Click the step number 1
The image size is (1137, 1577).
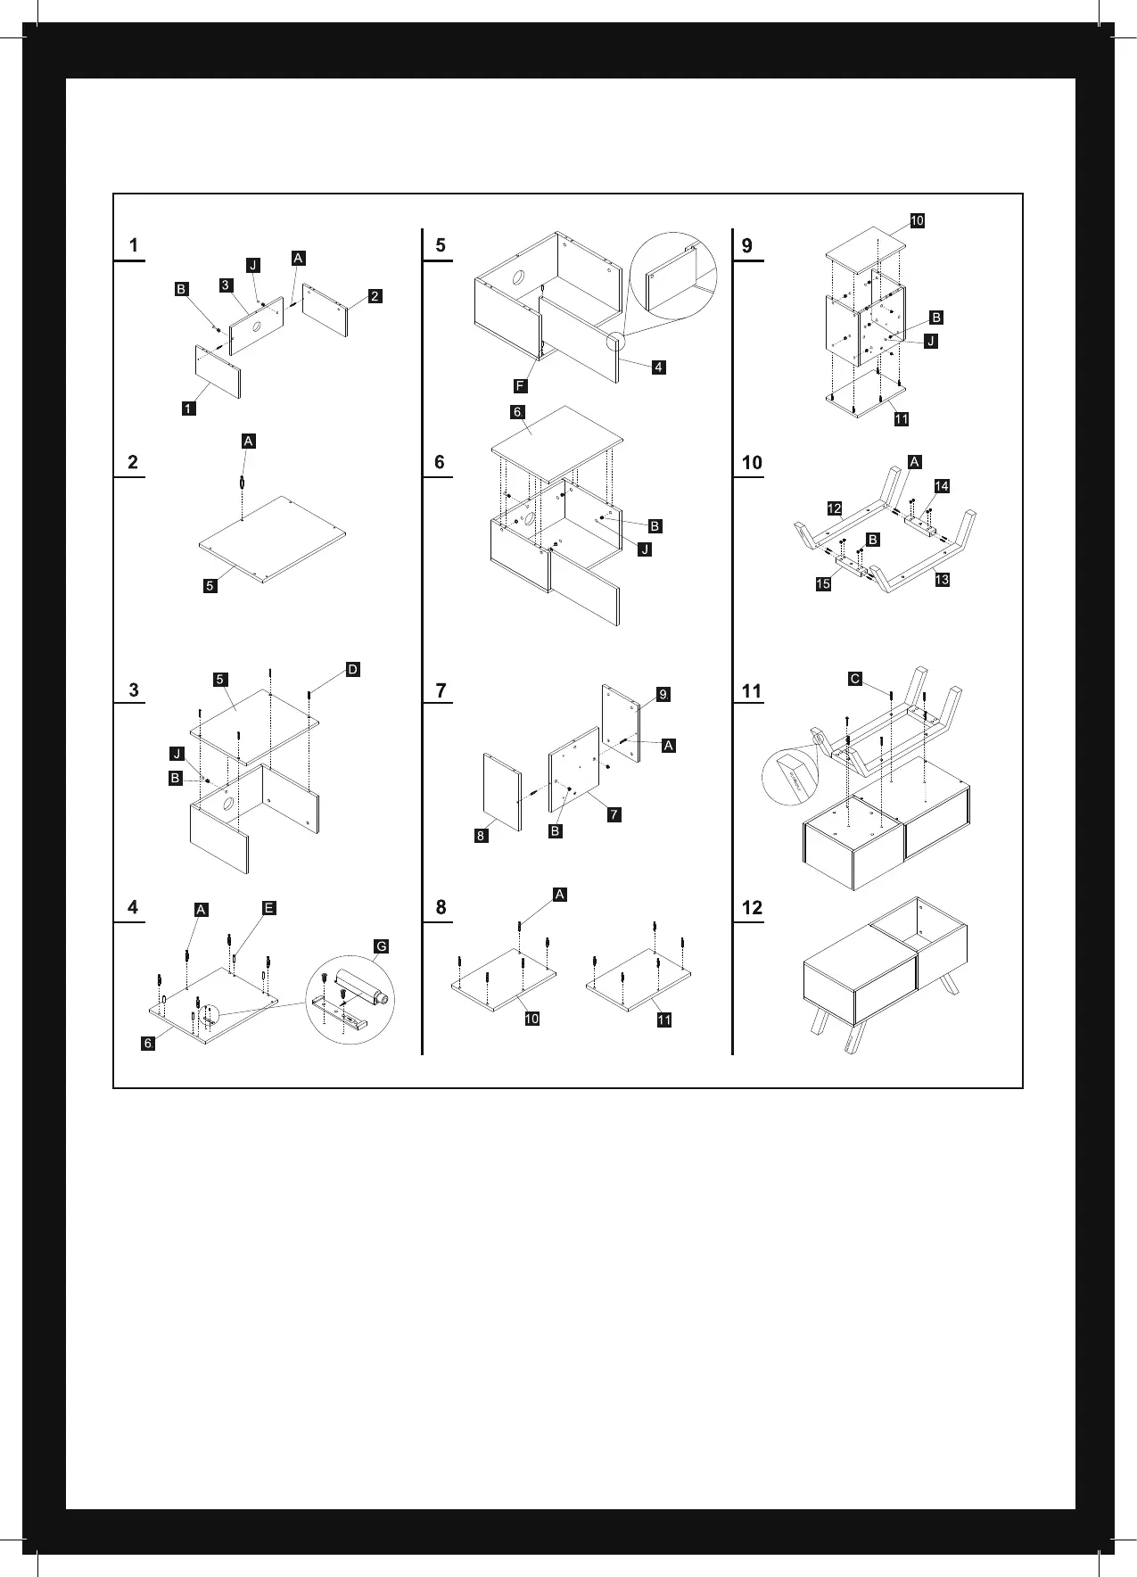[134, 245]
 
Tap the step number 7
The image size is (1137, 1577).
[441, 690]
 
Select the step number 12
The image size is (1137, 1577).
[752, 908]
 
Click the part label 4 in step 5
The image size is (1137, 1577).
[658, 367]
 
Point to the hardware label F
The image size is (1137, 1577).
[520, 386]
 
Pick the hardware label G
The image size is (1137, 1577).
[381, 946]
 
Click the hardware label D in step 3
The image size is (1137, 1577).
[352, 670]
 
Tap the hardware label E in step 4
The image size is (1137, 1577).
[268, 908]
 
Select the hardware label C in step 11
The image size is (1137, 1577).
[854, 679]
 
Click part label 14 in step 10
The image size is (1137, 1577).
[942, 486]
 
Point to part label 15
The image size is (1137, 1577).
[823, 584]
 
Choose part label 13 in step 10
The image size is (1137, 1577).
[942, 580]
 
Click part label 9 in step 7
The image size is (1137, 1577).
[663, 694]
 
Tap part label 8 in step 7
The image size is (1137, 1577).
[482, 836]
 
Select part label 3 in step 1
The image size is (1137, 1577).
[227, 285]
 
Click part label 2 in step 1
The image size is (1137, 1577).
[375, 296]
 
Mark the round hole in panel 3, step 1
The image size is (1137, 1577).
[257, 326]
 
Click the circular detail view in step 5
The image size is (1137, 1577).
[673, 277]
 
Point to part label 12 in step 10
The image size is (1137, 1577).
[834, 508]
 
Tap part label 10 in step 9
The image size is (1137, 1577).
[917, 220]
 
